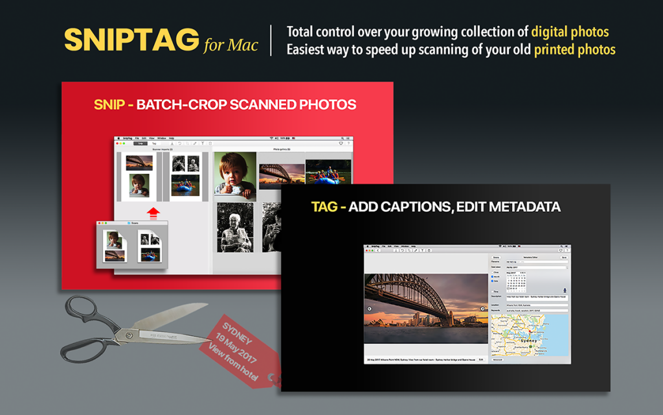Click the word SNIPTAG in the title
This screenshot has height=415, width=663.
pos(132,40)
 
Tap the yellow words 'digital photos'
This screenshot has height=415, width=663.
pos(570,31)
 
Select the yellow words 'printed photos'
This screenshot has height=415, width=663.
pos(574,49)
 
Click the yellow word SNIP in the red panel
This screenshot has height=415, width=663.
pos(108,104)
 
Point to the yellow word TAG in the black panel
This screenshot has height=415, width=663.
pos(324,207)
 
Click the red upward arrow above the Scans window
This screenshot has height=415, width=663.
pos(153,213)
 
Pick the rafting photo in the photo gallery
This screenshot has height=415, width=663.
pos(328,173)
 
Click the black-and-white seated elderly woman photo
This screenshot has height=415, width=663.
pos(234,228)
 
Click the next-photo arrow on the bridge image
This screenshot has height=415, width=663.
pos(483,309)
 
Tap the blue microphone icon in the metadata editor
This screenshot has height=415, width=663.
pos(565,290)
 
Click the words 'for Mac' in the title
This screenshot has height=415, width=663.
pos(230,45)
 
